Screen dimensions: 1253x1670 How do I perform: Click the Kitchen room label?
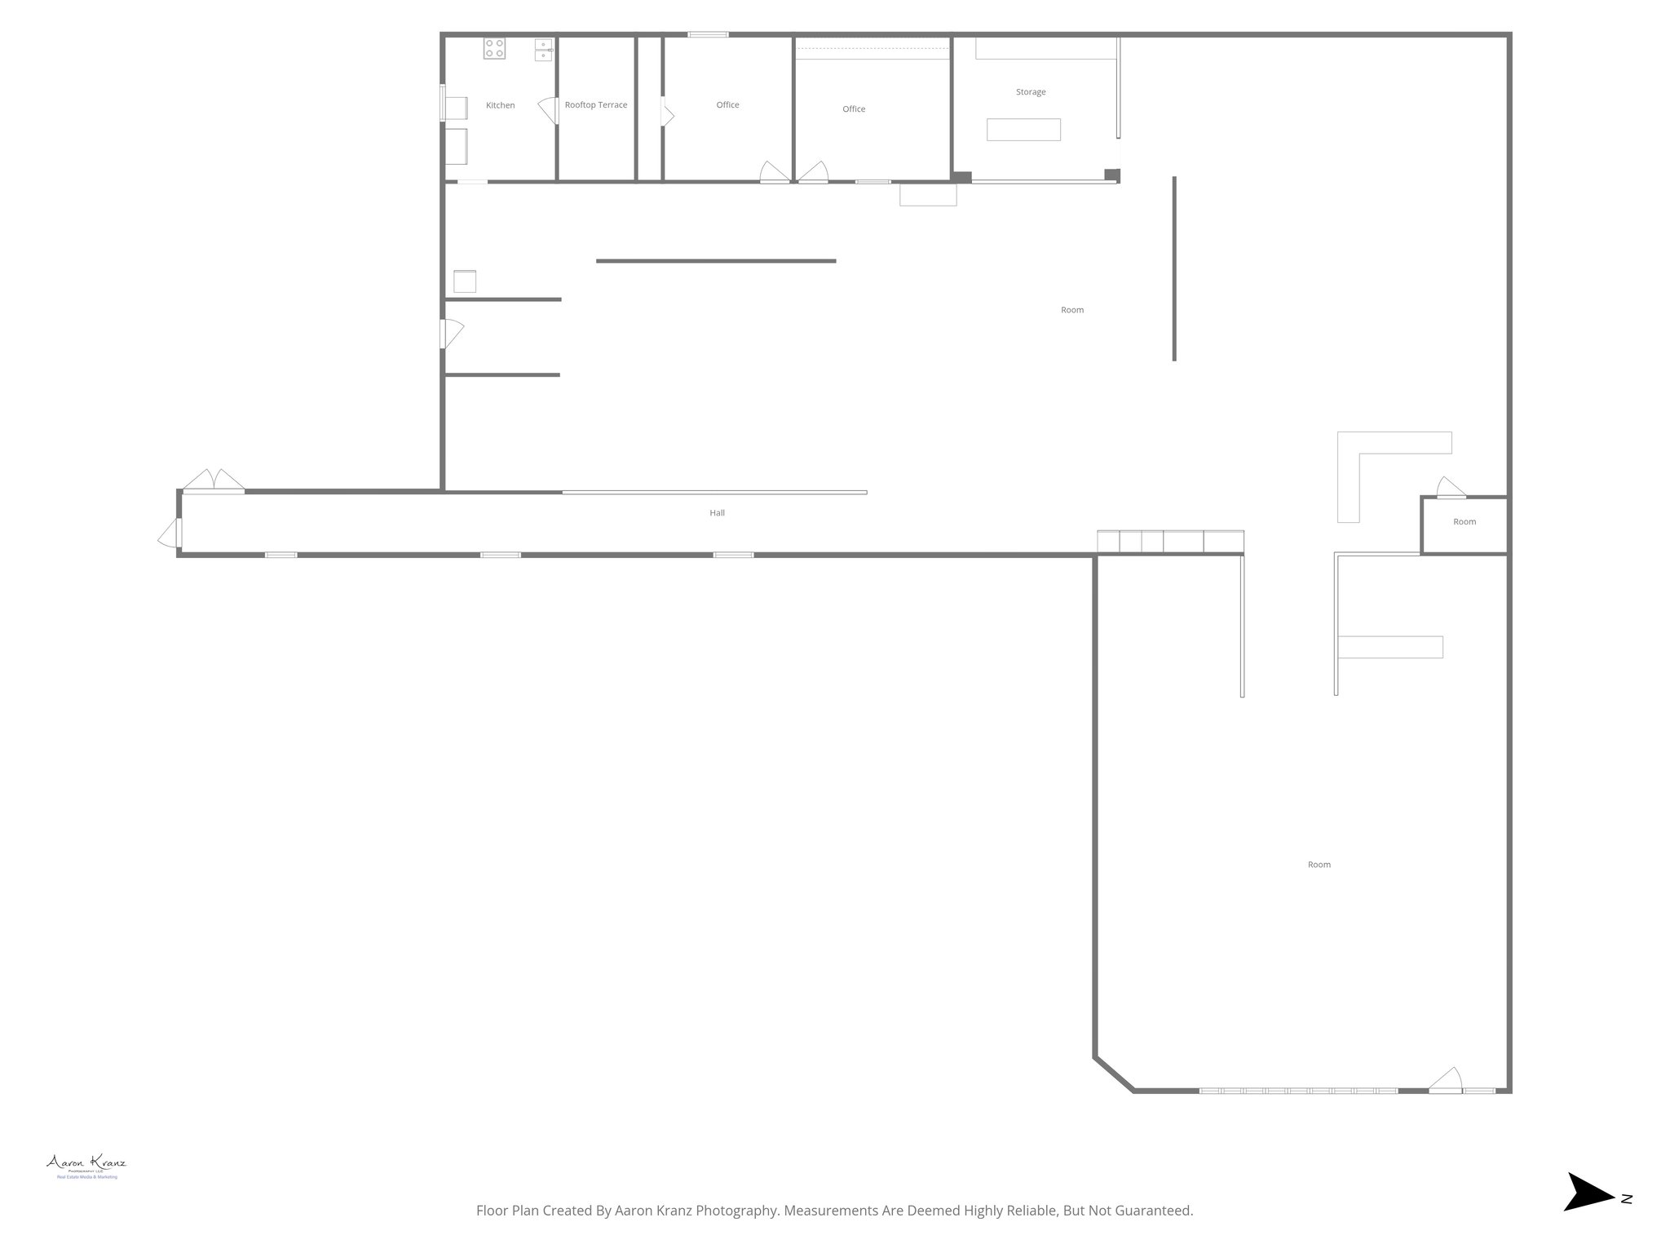coord(500,105)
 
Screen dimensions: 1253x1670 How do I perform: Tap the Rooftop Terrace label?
coord(596,105)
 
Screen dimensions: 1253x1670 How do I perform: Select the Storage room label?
coord(1031,92)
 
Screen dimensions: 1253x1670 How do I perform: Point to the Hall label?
coord(717,513)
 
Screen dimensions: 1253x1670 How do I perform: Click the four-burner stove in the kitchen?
coord(494,48)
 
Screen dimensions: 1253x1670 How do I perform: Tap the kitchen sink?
coord(544,50)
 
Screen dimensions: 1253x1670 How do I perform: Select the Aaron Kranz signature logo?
coord(86,1162)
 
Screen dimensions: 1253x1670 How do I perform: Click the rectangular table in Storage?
coord(1023,130)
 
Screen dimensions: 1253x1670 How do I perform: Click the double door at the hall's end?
coord(213,481)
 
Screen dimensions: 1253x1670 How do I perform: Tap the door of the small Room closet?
coord(1450,488)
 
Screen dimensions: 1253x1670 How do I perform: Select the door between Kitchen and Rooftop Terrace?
coord(548,110)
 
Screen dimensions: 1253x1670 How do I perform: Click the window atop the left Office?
coord(708,34)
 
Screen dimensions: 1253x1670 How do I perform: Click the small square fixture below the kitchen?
coord(465,281)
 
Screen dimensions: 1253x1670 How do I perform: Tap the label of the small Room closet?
coord(1465,522)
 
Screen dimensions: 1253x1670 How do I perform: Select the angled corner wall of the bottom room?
coord(1113,1074)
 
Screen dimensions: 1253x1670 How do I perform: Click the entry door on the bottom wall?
coord(1445,1080)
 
